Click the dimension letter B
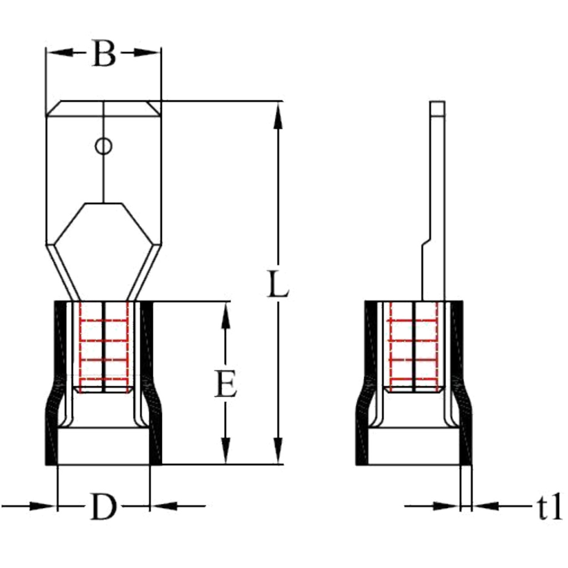coord(104,54)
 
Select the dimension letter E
coord(225,383)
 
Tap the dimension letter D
coord(103,506)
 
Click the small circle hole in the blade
coord(104,146)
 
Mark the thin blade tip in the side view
coord(438,109)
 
